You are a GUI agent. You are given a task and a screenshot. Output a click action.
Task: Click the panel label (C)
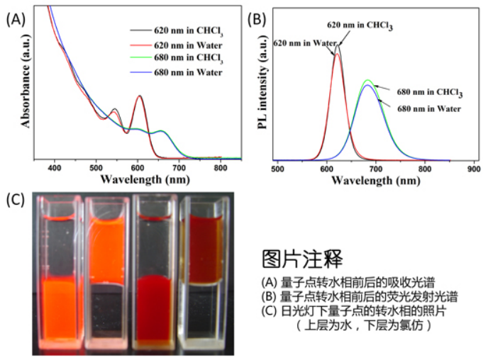(16, 200)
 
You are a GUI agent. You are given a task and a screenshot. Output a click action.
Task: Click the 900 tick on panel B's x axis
(474, 170)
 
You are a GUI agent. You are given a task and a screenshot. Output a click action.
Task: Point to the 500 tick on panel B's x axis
(279, 170)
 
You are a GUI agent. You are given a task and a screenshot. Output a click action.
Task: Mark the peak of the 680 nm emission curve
(367, 81)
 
